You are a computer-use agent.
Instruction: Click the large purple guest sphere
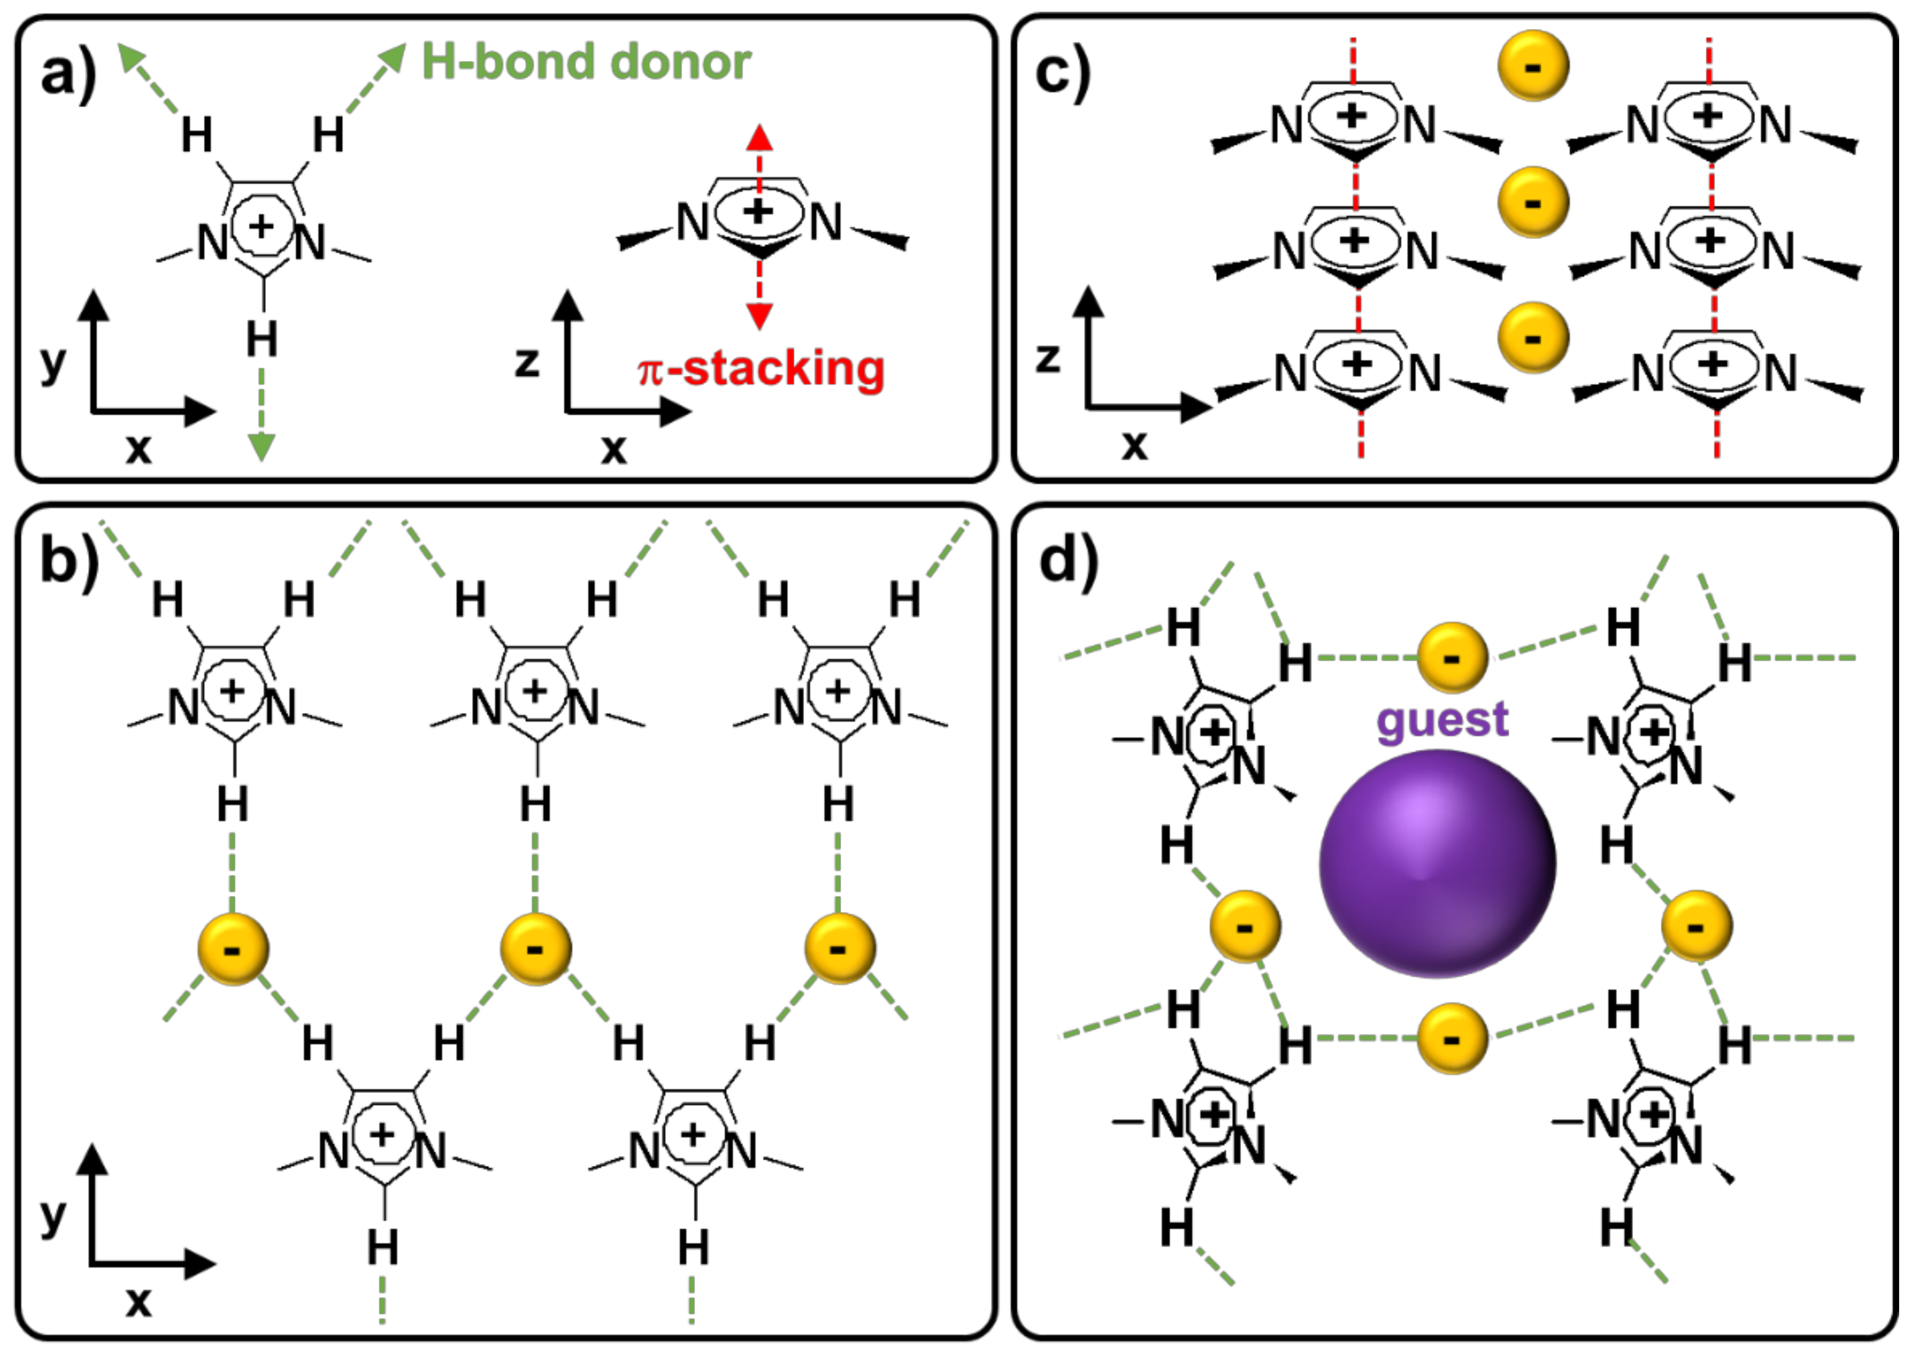pos(1437,863)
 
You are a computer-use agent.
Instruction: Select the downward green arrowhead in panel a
pos(261,447)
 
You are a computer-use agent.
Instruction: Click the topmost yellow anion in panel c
pos(1533,66)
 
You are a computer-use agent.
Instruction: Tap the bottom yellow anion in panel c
pos(1533,337)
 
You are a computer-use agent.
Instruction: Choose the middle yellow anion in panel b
pos(536,949)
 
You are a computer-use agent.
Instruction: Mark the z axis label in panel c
pos(1047,358)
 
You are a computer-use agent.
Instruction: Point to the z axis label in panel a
pos(526,363)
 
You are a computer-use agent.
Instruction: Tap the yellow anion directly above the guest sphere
pos(1452,657)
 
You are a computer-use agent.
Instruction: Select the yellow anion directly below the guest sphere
pos(1451,1038)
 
